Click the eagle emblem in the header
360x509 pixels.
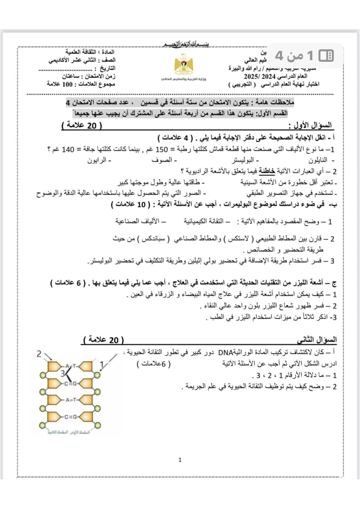click(180, 65)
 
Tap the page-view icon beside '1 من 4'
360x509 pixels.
click(326, 55)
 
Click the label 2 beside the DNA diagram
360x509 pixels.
click(39, 354)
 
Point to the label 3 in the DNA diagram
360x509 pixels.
click(64, 373)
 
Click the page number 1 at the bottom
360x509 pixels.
click(180, 460)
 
